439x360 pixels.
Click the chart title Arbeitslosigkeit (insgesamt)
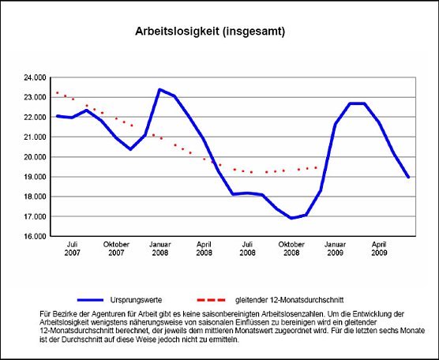(210, 32)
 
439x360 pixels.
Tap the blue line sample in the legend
(102, 300)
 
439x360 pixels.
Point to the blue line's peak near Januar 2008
(160, 89)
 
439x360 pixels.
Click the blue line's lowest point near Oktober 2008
(291, 218)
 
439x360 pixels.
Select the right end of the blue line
(408, 177)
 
